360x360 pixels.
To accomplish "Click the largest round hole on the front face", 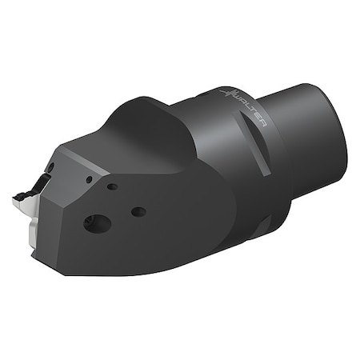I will [97, 222].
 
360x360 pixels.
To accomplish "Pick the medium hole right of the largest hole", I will [138, 212].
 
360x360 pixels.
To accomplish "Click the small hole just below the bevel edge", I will [113, 187].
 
